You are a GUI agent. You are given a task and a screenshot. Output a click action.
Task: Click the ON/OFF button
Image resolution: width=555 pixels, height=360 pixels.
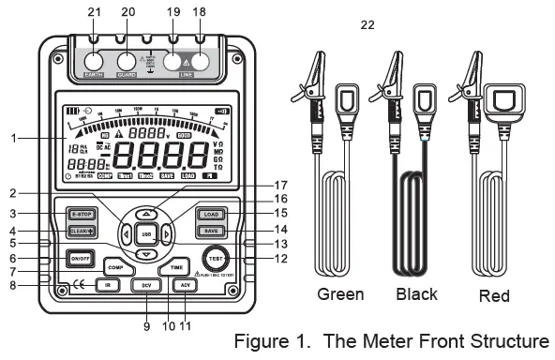pos(80,259)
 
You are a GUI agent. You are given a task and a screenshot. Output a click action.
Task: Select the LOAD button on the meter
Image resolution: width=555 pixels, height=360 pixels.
pos(211,215)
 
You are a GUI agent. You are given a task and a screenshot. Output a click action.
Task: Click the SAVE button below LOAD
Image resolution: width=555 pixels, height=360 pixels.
pos(211,231)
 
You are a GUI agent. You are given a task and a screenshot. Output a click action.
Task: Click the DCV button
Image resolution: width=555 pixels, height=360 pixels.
pos(145,284)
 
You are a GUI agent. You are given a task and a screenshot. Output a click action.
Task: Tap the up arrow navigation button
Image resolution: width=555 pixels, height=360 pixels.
pos(145,213)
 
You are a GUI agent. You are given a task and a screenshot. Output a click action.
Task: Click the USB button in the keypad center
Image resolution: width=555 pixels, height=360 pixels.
pos(145,233)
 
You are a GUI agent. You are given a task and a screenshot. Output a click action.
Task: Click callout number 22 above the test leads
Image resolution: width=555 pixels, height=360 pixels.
pos(368,24)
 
